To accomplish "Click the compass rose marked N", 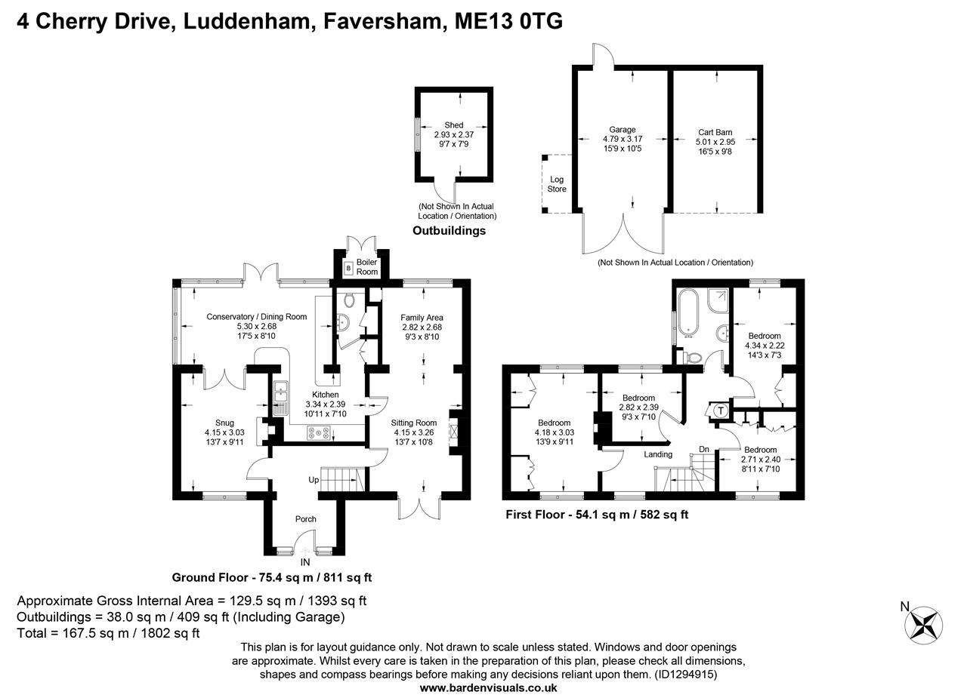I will click(924, 624).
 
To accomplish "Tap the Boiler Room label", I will click(367, 266).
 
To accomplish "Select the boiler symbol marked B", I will click(348, 268).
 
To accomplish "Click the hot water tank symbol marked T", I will click(720, 411).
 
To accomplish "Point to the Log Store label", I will click(557, 184).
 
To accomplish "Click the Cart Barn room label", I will click(714, 132).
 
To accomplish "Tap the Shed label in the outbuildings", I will click(453, 125).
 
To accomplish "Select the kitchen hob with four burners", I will click(318, 432).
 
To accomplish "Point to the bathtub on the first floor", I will click(689, 312).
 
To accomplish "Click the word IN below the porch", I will click(305, 562).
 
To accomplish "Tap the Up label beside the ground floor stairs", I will click(313, 480).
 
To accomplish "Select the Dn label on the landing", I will click(703, 450).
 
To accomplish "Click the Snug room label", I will click(224, 423).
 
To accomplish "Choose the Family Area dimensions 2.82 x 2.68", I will click(422, 327).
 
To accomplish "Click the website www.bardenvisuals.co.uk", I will click(488, 687).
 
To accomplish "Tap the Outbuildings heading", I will click(449, 231).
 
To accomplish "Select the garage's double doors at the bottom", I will click(623, 234).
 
